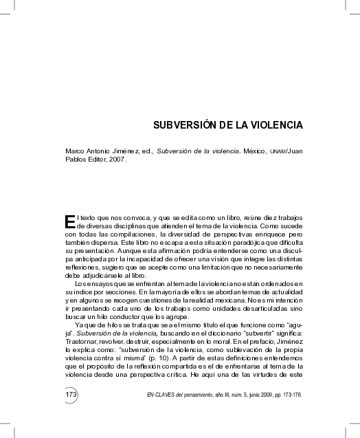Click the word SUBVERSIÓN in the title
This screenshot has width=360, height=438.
click(x=179, y=127)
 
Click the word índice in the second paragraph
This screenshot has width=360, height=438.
click(x=78, y=292)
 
